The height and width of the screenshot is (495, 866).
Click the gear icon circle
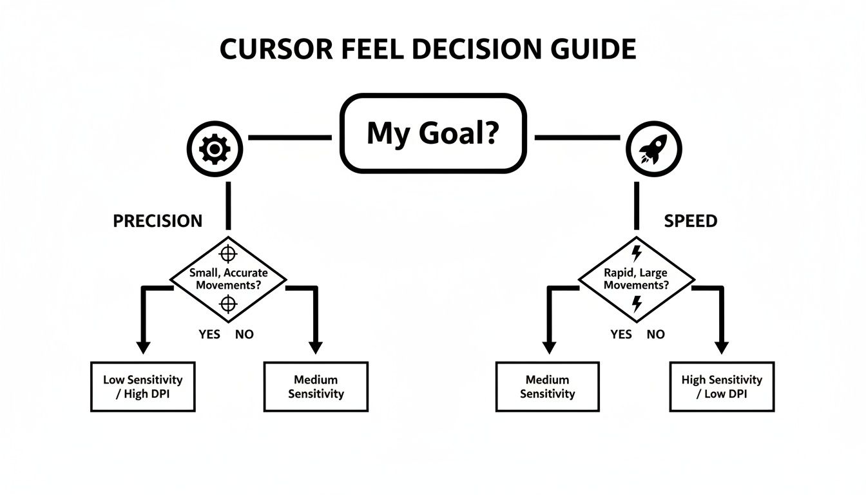pos(215,150)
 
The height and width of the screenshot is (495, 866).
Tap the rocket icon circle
pos(652,150)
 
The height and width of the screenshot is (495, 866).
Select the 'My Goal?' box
pos(433,133)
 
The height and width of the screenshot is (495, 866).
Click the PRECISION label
pos(157,221)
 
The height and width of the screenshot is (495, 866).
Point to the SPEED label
pos(690,221)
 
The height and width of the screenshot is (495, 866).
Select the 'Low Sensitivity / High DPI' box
pos(142,387)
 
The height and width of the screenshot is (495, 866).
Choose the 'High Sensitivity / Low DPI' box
pos(722,387)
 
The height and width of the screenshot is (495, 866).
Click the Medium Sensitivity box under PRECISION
pos(316,387)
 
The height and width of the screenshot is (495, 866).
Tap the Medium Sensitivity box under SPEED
pos(547,387)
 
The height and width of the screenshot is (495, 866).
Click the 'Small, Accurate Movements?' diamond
pos(228,278)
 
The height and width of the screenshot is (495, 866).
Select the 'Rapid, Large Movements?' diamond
pos(637,278)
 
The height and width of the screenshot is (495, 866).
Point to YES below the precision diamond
pos(209,334)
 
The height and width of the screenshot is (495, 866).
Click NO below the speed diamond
pos(655,334)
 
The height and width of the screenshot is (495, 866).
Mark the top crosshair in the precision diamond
pos(228,252)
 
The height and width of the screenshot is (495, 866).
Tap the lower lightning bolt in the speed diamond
pos(637,304)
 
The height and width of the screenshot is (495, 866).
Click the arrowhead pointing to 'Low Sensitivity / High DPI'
pos(144,347)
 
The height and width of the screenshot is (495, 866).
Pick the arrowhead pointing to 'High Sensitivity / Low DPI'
pos(722,347)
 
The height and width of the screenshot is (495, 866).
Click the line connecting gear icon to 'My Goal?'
pos(289,137)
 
